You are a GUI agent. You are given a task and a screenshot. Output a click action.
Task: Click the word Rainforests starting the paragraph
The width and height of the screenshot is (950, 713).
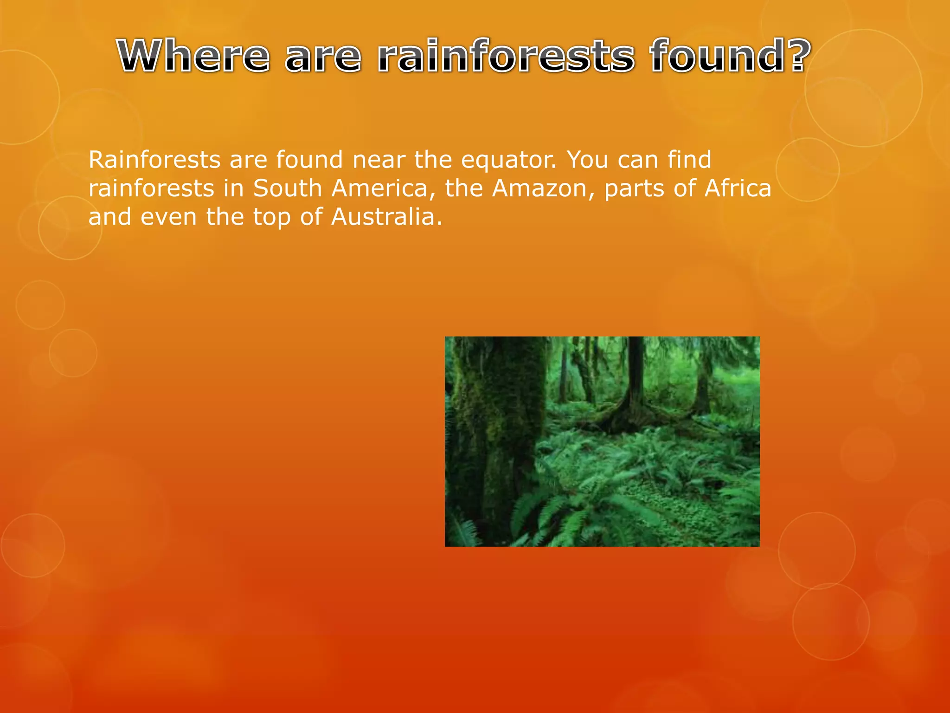154,160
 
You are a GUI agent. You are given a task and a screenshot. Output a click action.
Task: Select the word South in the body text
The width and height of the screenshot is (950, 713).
288,188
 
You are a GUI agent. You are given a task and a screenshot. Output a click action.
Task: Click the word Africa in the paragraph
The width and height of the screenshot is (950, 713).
738,188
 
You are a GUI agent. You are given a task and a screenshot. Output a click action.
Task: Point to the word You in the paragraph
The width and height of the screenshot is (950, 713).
587,160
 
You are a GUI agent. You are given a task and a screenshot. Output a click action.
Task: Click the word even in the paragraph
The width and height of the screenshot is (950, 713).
168,217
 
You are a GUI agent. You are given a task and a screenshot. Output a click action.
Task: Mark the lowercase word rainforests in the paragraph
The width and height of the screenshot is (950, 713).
151,188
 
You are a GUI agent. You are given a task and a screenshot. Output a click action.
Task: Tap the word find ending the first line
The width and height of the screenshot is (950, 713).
689,160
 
